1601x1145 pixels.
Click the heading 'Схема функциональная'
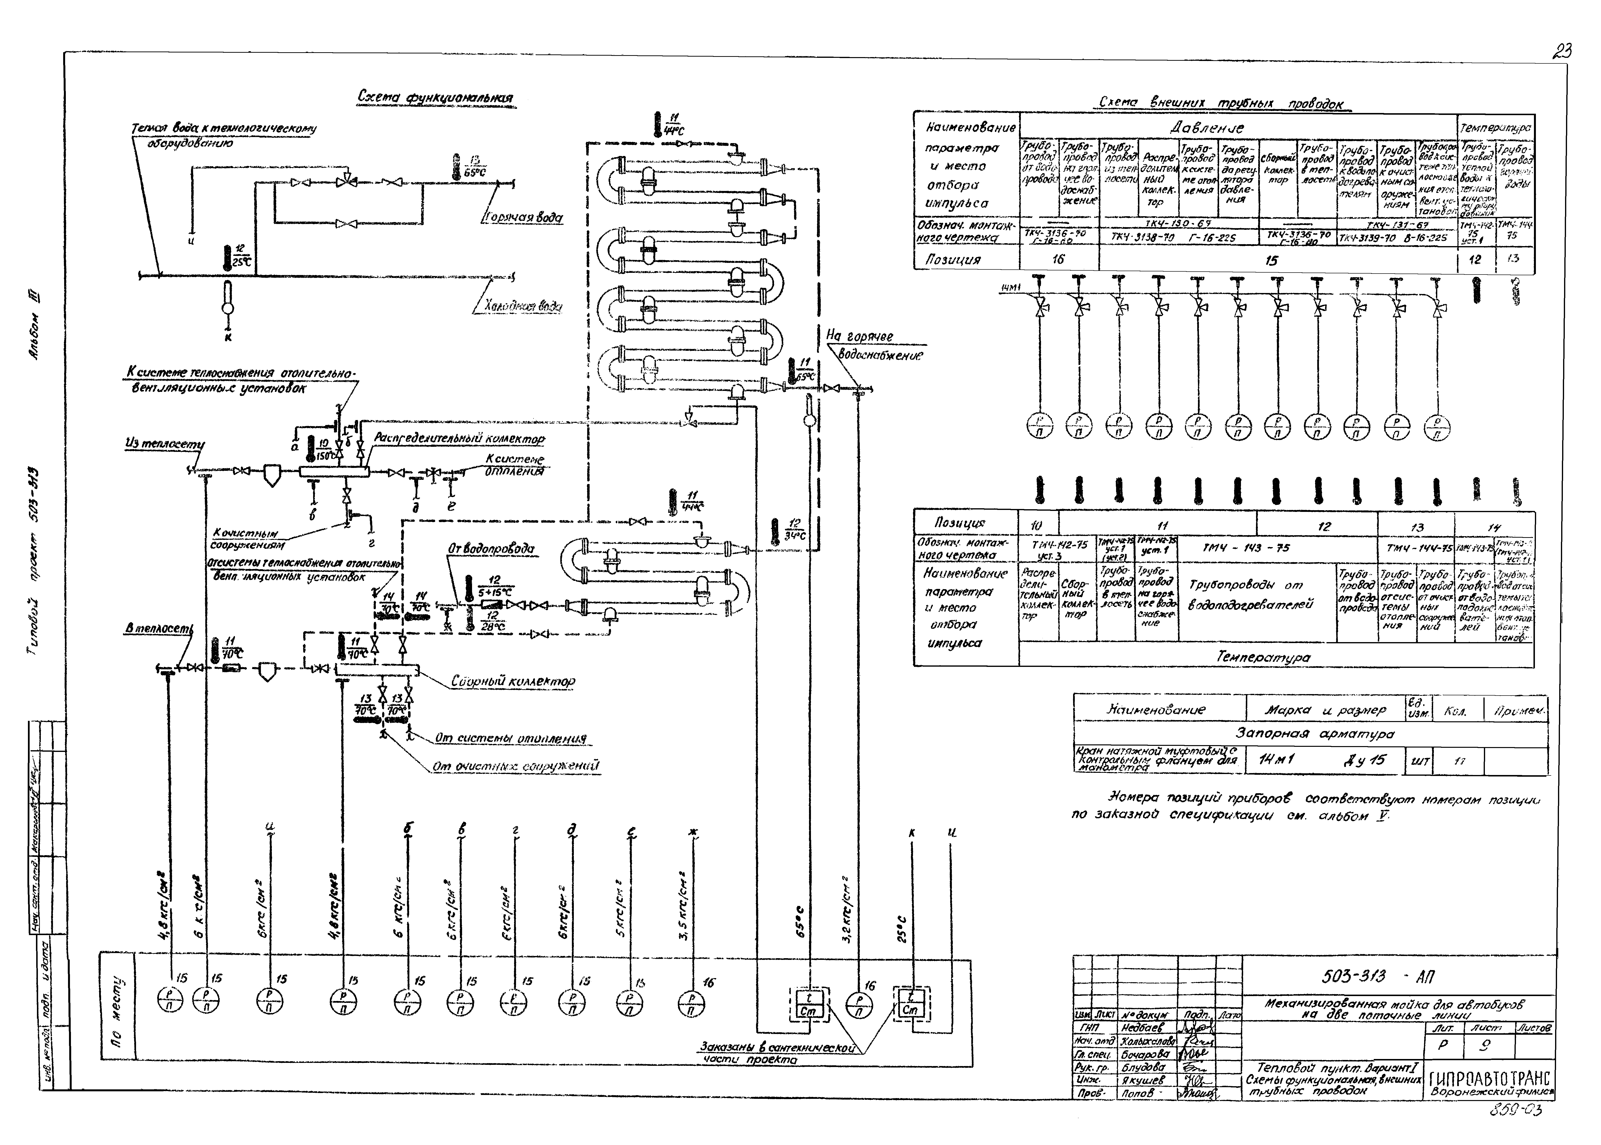pos(435,97)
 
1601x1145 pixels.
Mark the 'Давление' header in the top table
pos(1207,128)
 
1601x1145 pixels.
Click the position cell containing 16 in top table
pos(1058,259)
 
